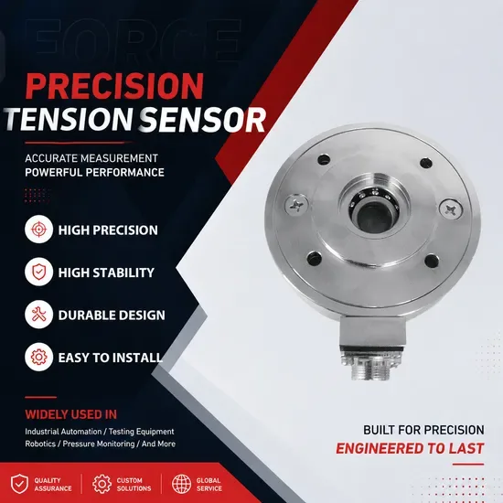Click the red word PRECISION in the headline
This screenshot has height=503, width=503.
pyautogui.click(x=114, y=86)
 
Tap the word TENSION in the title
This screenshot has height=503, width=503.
pyautogui.click(x=68, y=119)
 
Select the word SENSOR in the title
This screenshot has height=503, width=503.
pyautogui.click(x=202, y=119)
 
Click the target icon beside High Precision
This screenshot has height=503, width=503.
pyautogui.click(x=38, y=230)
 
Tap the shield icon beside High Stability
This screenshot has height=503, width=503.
pyautogui.click(x=38, y=272)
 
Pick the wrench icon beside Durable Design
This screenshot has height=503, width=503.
pyautogui.click(x=38, y=315)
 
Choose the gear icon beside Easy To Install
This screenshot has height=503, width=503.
pyautogui.click(x=38, y=357)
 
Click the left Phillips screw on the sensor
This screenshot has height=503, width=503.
pyautogui.click(x=296, y=205)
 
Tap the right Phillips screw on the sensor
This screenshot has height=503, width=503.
pyautogui.click(x=451, y=209)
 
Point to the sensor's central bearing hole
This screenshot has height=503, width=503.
pyautogui.click(x=375, y=218)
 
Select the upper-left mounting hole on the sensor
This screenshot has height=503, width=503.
pyautogui.click(x=324, y=159)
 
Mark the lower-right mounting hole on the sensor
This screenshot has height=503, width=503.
pyautogui.click(x=432, y=261)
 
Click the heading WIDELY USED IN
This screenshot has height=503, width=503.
pyautogui.click(x=71, y=414)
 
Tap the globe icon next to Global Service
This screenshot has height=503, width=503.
pyautogui.click(x=181, y=484)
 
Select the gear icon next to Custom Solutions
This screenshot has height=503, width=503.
pyautogui.click(x=102, y=484)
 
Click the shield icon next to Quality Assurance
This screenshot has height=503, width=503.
pyautogui.click(x=19, y=484)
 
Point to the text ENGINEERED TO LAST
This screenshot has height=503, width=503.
pyautogui.click(x=410, y=448)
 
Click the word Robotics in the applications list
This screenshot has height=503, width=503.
pyautogui.click(x=40, y=444)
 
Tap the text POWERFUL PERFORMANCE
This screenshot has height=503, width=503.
pyautogui.click(x=94, y=172)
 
